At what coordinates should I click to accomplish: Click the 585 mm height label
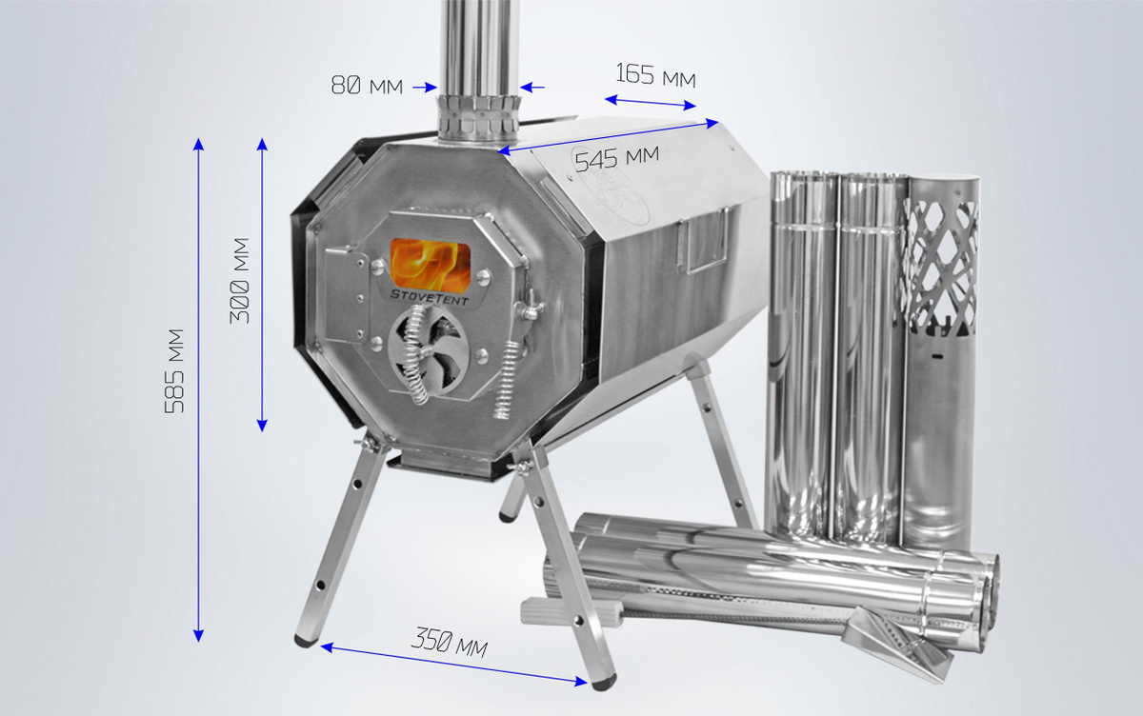[x=174, y=371]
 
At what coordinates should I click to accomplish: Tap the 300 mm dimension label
[x=239, y=281]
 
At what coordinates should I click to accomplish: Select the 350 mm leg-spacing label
[x=449, y=642]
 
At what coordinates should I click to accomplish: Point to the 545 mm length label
[x=617, y=158]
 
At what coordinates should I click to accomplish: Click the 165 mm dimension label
[x=655, y=75]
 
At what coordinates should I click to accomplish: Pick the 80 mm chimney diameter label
[x=367, y=85]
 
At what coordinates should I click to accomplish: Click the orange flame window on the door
[x=431, y=264]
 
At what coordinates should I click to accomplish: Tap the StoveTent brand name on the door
[x=430, y=297]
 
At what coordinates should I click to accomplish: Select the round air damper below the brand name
[x=428, y=351]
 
